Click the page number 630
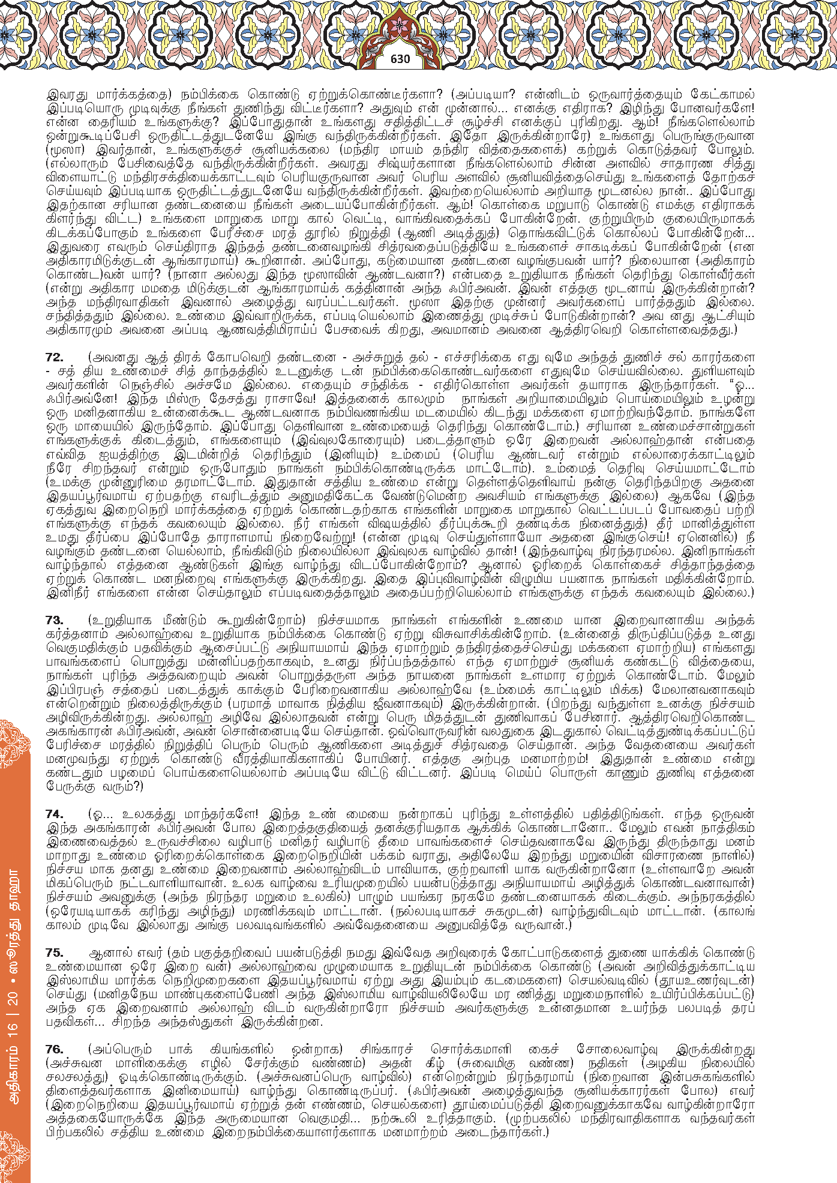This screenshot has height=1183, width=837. click(x=400, y=59)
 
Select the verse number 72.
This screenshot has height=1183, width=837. click(x=54, y=357)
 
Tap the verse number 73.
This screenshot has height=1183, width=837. click(x=54, y=620)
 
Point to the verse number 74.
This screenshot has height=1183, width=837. click(x=54, y=814)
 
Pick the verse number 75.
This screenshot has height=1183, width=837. click(x=54, y=953)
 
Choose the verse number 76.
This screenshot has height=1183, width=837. click(x=54, y=1049)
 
